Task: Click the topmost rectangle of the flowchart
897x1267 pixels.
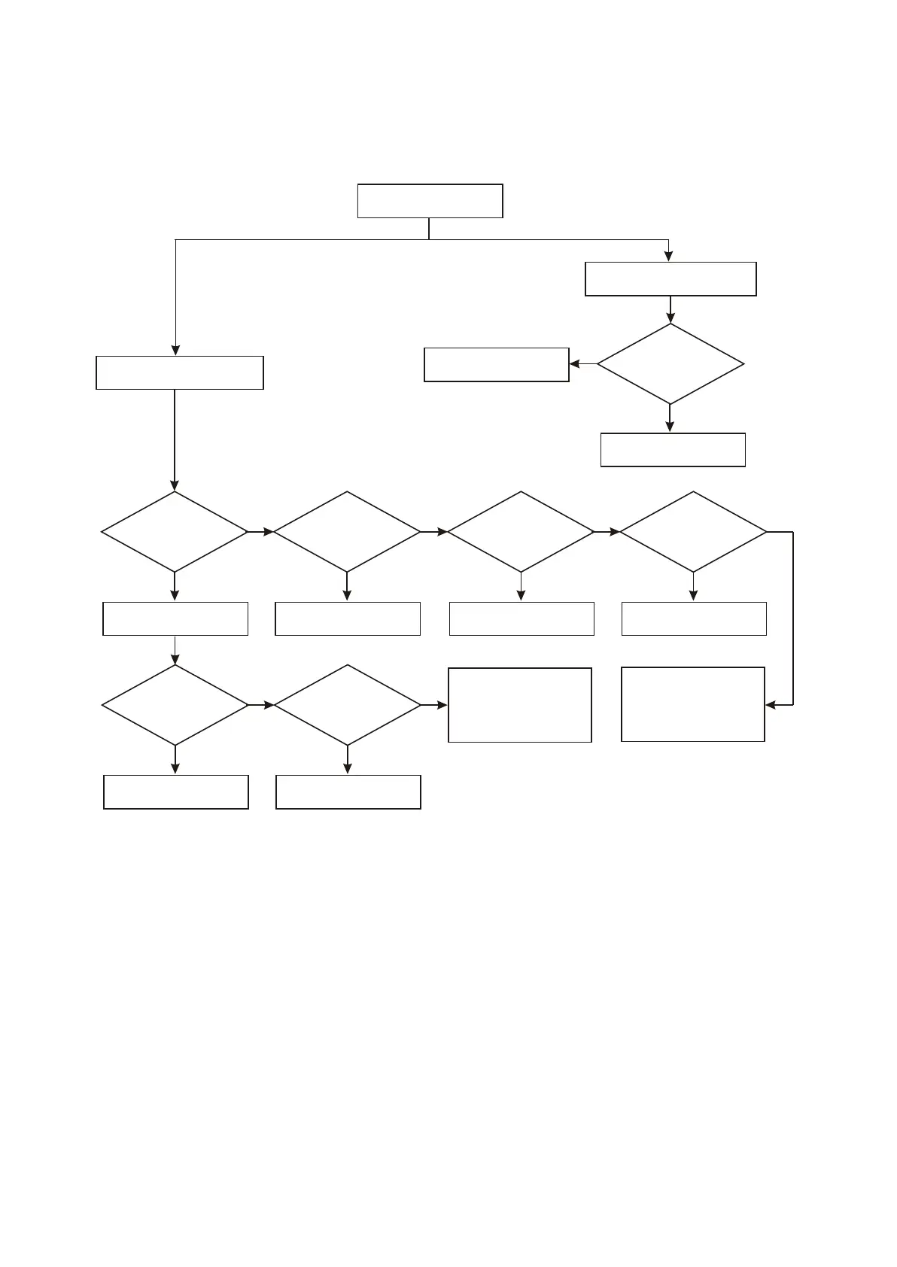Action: tap(430, 201)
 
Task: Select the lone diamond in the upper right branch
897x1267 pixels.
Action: tap(670, 364)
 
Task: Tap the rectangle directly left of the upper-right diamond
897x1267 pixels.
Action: tap(497, 365)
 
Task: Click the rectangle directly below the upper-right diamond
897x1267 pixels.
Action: tap(673, 450)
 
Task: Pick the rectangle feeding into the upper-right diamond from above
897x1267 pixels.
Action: tap(670, 279)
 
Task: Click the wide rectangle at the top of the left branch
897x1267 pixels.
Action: tap(180, 372)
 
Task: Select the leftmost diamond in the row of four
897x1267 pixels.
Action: tap(175, 532)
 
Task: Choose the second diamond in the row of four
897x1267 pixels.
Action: tap(347, 532)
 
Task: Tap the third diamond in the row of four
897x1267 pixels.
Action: tap(521, 532)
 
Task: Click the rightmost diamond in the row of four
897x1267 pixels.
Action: tap(693, 532)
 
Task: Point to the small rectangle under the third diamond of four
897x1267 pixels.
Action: tap(521, 618)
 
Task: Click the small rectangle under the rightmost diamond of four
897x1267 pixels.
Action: tap(694, 618)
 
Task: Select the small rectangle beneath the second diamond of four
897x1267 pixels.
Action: tap(348, 618)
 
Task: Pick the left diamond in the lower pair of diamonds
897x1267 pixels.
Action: tap(175, 705)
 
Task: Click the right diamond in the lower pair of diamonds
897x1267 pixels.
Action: tap(348, 705)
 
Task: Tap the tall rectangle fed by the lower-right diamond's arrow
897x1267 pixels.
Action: tap(520, 705)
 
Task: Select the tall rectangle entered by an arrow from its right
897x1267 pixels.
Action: tap(693, 704)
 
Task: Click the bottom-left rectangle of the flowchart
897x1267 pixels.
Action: tap(176, 792)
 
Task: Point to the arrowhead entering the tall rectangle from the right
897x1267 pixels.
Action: tap(771, 705)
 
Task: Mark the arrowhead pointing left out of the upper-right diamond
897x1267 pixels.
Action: tap(575, 364)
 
